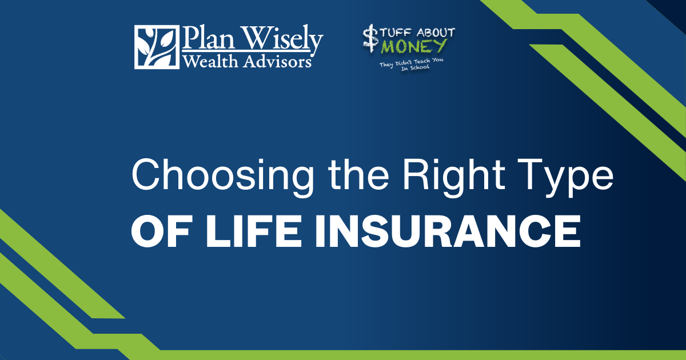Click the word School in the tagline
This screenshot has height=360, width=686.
point(417,67)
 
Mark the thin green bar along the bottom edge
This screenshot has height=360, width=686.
point(400,355)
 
